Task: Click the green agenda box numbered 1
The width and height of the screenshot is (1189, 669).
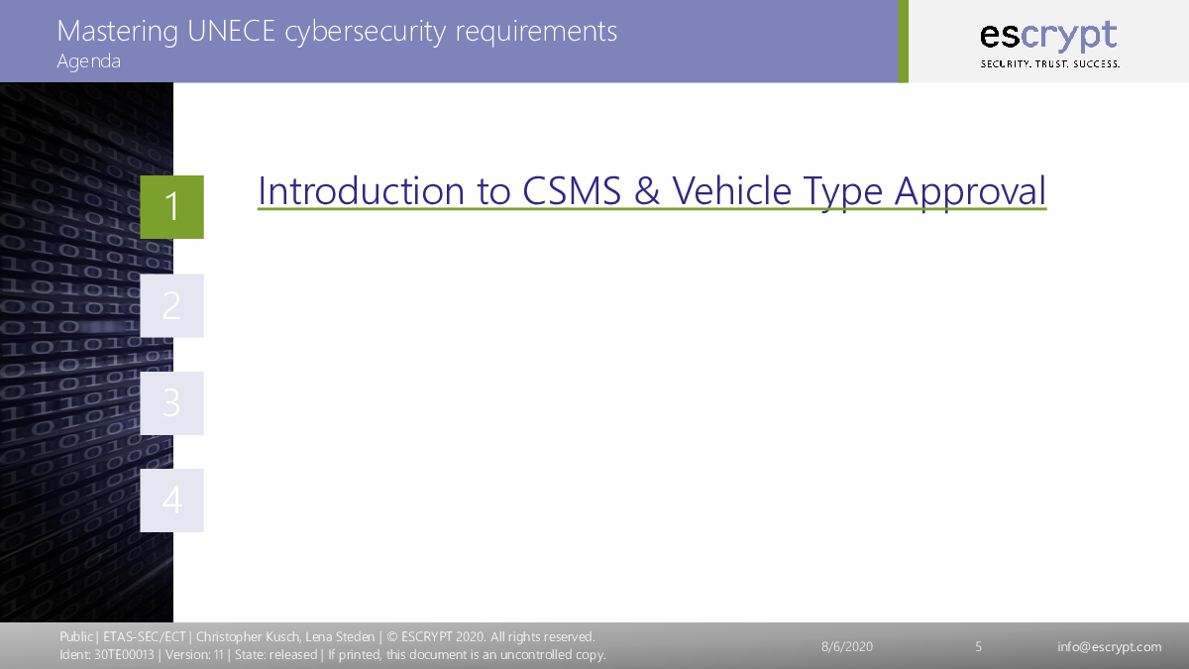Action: coord(172,207)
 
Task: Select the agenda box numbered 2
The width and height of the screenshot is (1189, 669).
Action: coord(172,306)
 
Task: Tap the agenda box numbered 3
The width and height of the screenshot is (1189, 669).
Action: coord(172,403)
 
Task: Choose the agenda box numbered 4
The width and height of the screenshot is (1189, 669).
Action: coord(172,501)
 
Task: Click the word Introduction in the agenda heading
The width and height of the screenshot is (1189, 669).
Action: coord(361,190)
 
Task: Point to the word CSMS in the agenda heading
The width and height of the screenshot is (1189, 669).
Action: coord(572,190)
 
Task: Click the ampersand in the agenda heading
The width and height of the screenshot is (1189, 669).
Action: coord(647,190)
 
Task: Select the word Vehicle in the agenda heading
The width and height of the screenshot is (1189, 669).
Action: coord(732,190)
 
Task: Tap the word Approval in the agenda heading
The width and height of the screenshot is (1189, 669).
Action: coord(970,192)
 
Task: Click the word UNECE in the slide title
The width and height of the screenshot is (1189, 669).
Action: coord(232,31)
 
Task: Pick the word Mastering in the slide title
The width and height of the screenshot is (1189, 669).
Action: coord(117,32)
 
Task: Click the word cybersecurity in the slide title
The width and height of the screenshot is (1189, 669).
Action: coord(366,32)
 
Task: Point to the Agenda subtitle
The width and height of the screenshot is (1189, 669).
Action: coord(88,61)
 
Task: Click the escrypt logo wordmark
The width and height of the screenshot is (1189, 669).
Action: coord(1048,36)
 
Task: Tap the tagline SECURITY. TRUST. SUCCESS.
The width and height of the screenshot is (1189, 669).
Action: coord(1050,63)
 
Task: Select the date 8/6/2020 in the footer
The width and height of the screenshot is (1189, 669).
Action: coord(847,646)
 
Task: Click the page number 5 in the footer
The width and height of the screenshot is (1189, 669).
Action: coord(978,646)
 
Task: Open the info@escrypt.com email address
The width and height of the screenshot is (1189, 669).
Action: coord(1110,647)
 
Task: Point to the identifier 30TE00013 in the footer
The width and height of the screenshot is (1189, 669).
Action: coord(124,655)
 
